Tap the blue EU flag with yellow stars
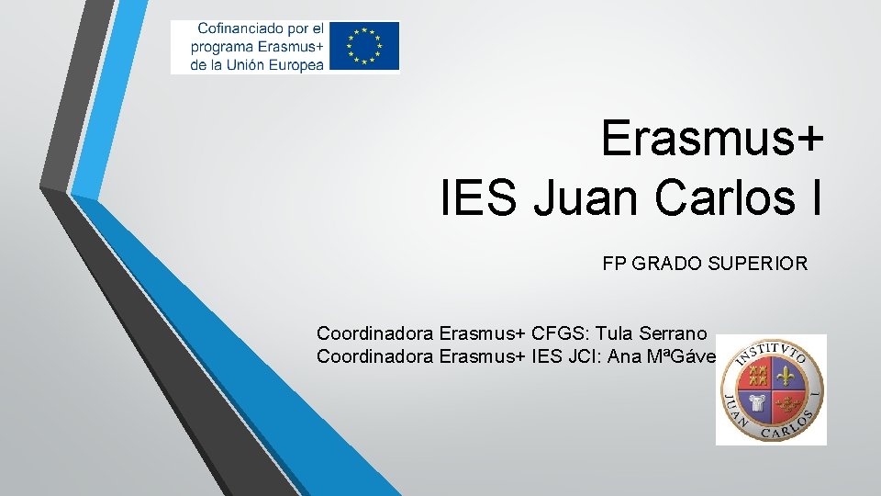tap(365, 46)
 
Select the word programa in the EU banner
tap(222, 47)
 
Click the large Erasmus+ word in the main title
tap(712, 140)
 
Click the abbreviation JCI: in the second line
tap(588, 355)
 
